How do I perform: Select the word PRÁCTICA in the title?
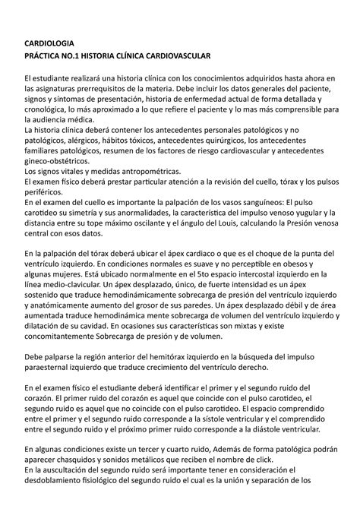point(49,57)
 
